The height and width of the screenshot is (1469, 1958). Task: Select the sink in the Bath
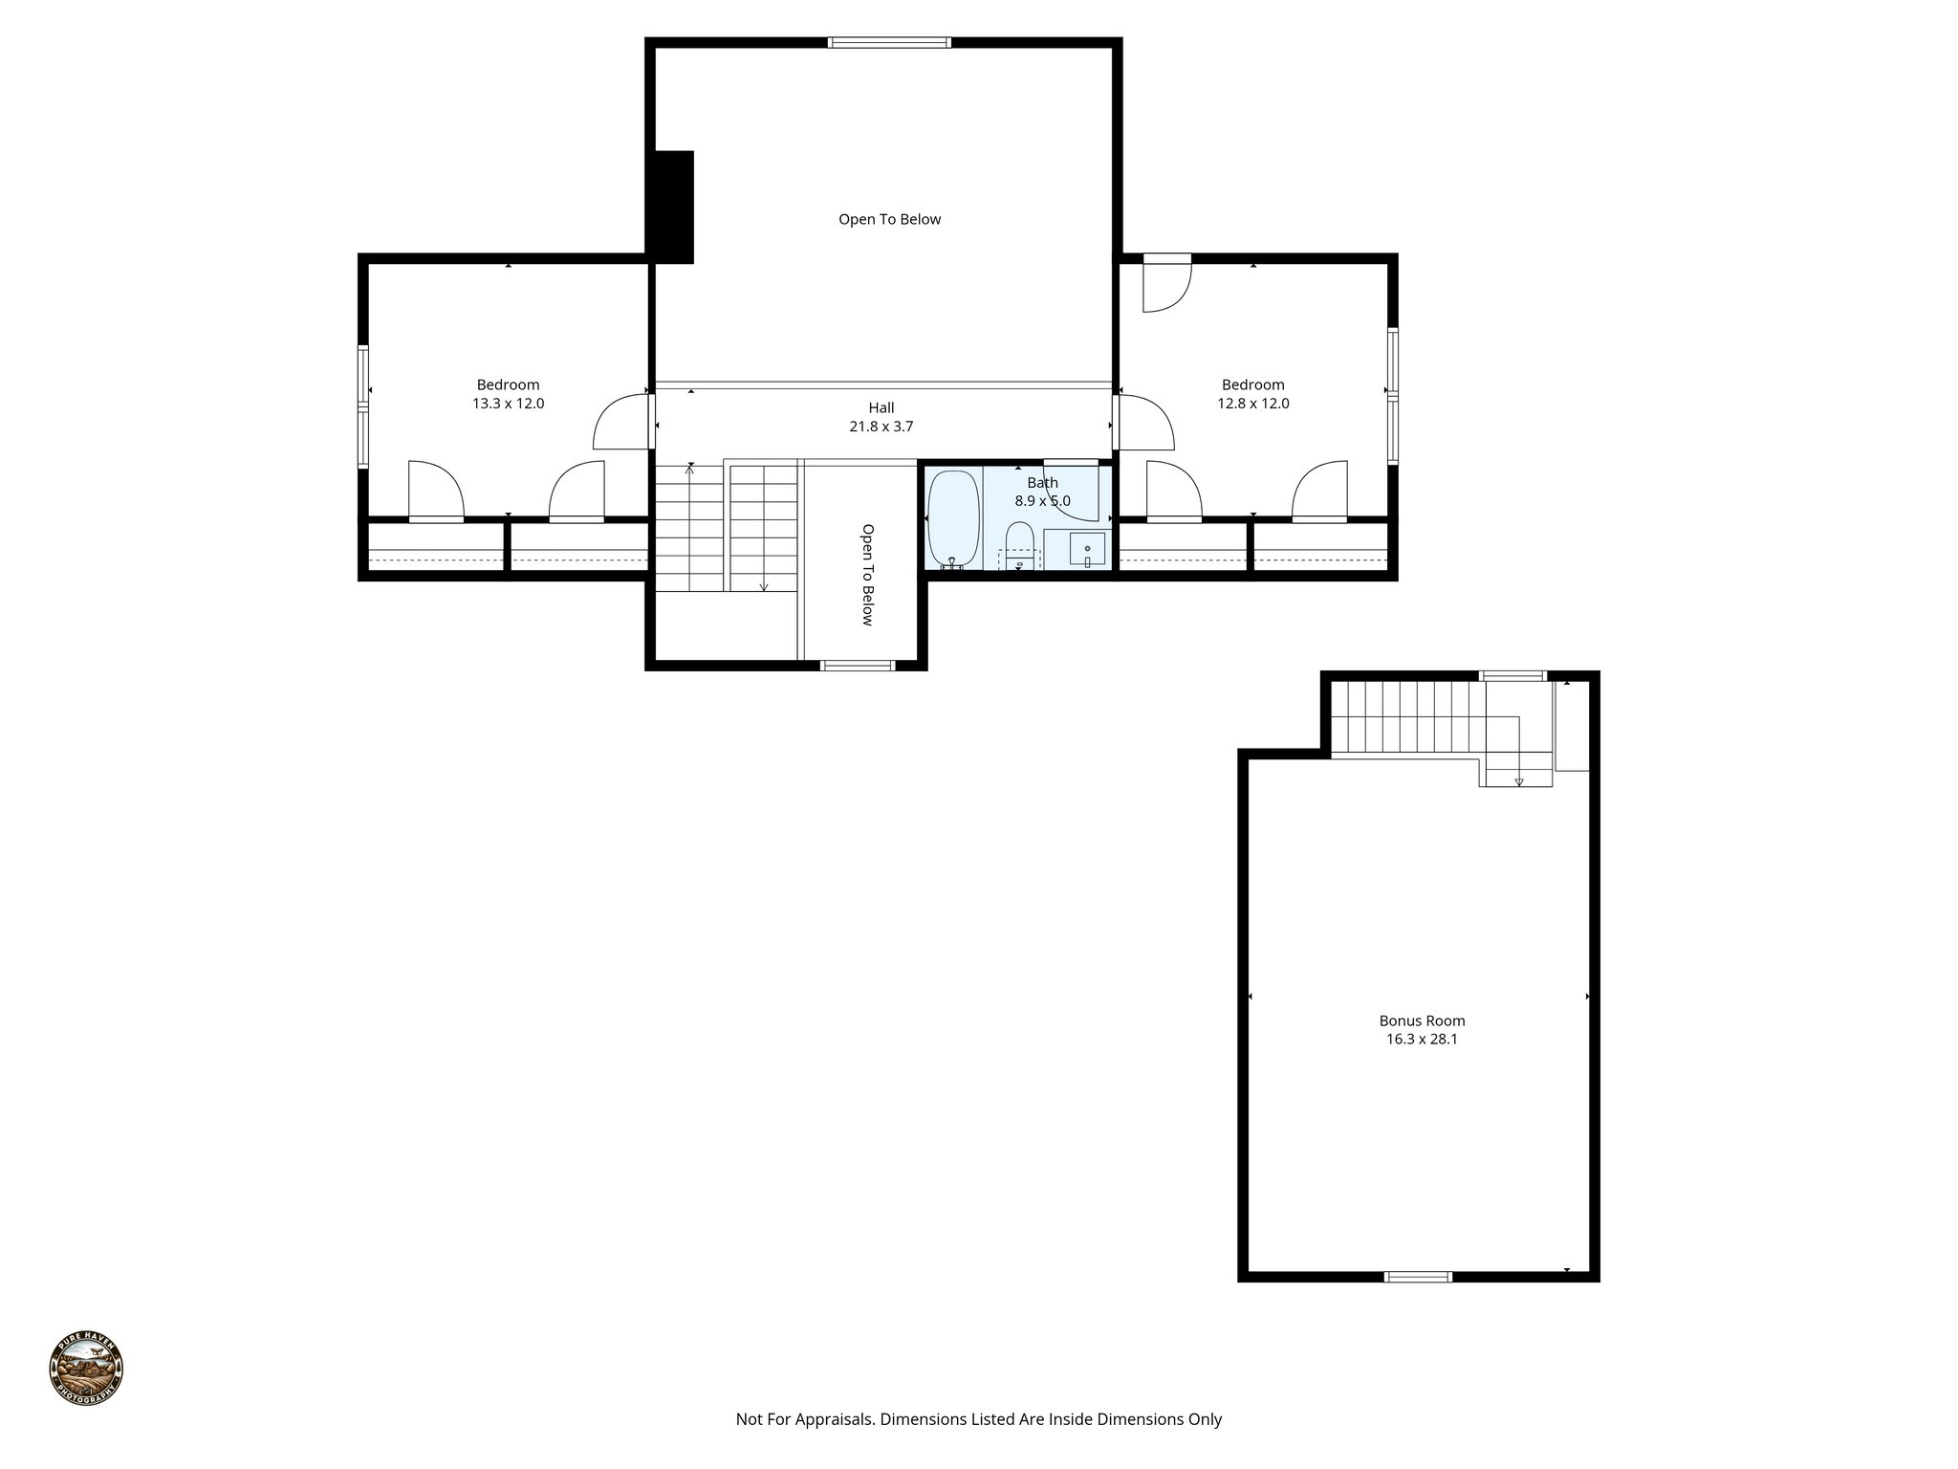[x=1087, y=550]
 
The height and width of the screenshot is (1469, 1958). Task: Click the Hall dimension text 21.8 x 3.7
[x=881, y=427]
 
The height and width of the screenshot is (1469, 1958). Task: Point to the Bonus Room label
[x=1422, y=1020]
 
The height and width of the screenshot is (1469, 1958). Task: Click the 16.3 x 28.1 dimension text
[x=1422, y=1040]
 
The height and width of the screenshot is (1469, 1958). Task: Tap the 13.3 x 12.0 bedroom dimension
[x=508, y=404]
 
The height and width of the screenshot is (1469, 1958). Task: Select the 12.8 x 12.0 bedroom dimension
[x=1252, y=404]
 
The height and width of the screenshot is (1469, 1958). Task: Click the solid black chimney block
[x=673, y=207]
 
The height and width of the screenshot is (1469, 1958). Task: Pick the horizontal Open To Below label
[x=889, y=219]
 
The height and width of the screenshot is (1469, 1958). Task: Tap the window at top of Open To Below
[x=889, y=42]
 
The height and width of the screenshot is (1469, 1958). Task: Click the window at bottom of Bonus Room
[x=1418, y=1276]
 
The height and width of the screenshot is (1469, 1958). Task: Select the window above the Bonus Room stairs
[x=1512, y=676]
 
